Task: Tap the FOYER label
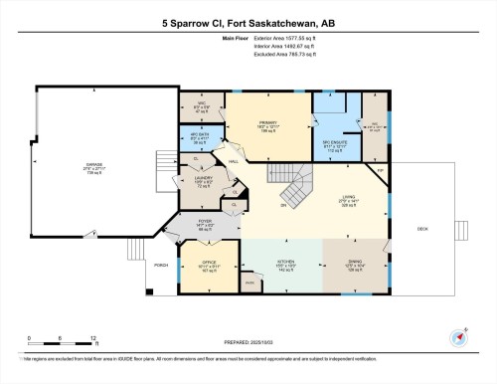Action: click(x=205, y=221)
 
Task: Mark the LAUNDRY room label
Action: click(x=203, y=179)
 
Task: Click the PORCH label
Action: click(x=160, y=265)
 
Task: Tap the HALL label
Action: click(x=233, y=161)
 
